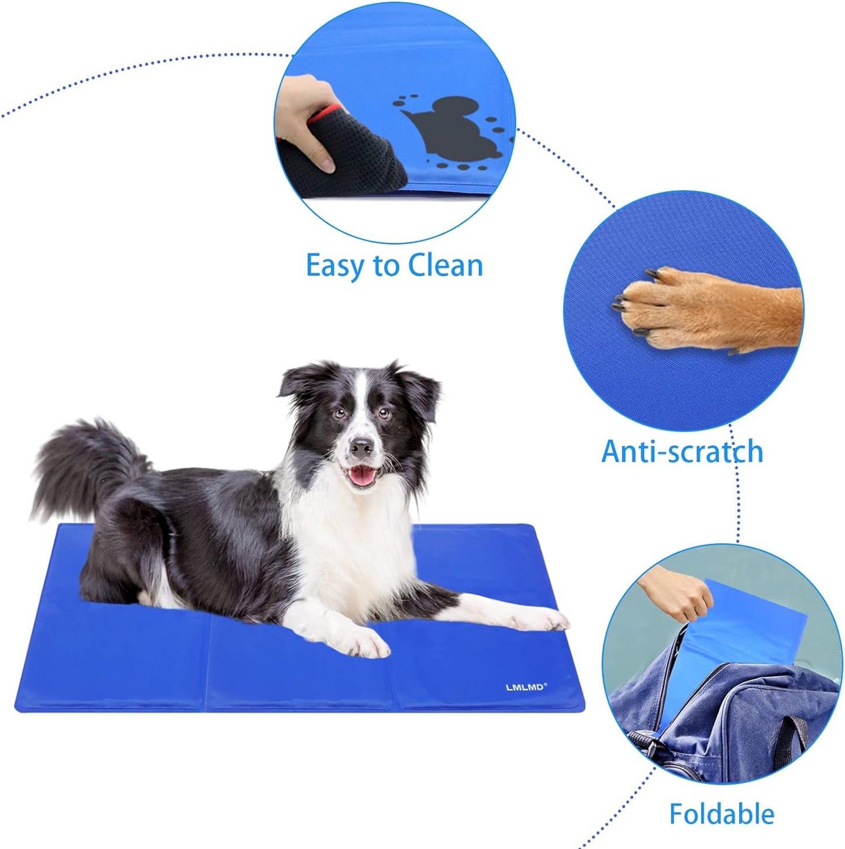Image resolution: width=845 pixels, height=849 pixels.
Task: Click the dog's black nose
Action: coord(361,448)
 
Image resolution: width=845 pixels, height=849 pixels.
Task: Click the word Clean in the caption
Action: coord(446,266)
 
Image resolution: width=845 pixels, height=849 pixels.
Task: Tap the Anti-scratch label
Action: coord(682,452)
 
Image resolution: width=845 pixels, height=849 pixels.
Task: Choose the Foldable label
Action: coord(722,814)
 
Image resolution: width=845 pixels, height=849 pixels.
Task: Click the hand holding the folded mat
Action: coord(678,596)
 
